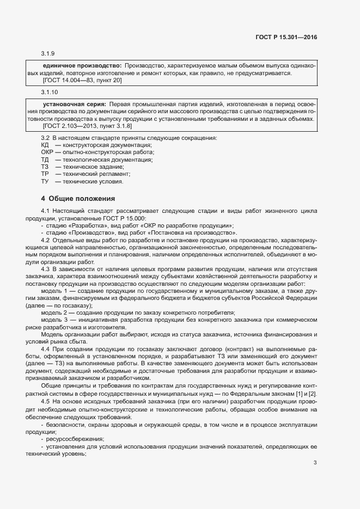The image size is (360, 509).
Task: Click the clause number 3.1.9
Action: (48, 54)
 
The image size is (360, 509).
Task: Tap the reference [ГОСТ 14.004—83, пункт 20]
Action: (82, 80)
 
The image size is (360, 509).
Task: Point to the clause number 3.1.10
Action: (50, 92)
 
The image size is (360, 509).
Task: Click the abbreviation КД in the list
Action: (45, 145)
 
